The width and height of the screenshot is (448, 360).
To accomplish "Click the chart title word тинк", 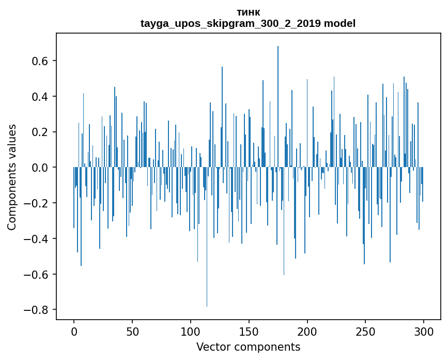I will (248, 12).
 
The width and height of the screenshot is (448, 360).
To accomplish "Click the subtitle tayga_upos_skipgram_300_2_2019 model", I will (248, 24).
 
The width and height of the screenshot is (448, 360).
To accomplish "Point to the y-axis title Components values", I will (12, 177).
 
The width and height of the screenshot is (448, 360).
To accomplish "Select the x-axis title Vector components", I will (248, 347).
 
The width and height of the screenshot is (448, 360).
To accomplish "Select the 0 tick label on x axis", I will (74, 332).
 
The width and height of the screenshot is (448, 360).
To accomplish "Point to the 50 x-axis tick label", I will (132, 332).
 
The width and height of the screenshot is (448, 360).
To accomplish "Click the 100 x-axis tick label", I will (191, 332).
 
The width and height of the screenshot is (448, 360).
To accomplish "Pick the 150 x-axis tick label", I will (249, 332).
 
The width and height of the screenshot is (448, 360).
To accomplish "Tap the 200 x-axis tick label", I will (307, 332).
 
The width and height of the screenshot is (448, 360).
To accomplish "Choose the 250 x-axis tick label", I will (366, 332).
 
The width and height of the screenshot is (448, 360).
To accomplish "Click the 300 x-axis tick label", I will (424, 332).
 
